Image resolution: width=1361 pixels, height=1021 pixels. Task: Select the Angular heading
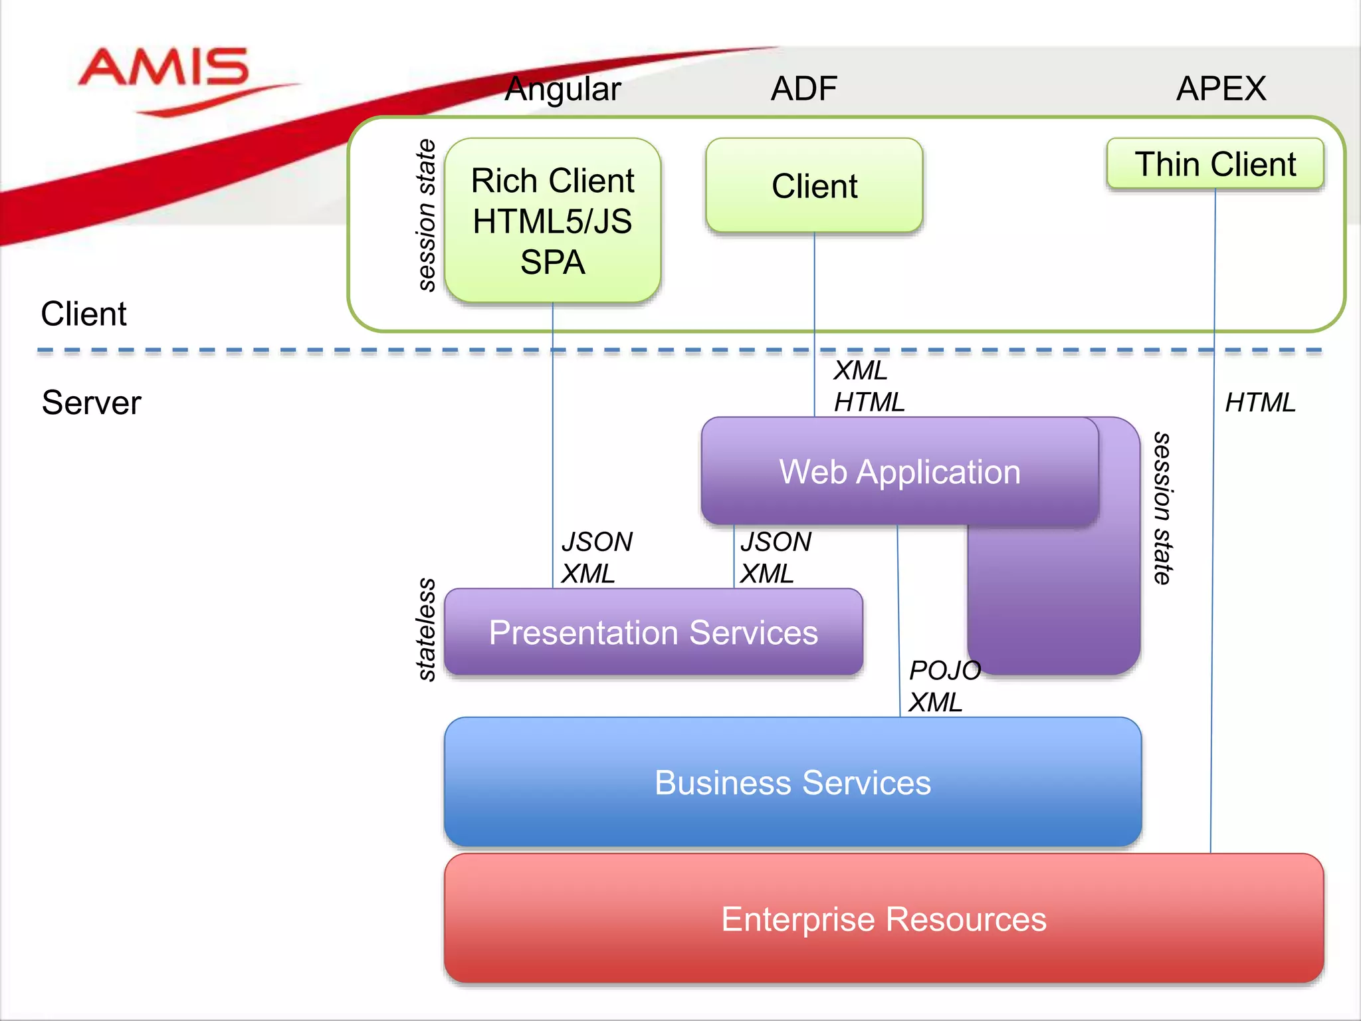[562, 89]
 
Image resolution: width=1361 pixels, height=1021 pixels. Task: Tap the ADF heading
[803, 88]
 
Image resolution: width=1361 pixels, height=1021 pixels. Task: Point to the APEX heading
[1221, 88]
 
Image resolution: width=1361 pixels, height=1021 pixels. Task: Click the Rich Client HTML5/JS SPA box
[552, 221]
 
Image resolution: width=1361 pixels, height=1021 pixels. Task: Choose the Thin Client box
[1215, 164]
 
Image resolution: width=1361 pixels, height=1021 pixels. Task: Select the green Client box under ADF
[814, 185]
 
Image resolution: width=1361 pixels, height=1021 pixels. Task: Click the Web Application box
[899, 472]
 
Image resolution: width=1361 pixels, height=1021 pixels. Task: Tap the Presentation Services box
[653, 632]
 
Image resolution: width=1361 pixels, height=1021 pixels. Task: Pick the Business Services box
[792, 782]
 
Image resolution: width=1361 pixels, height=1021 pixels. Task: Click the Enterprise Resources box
[883, 919]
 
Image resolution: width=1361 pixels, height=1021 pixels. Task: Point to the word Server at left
[92, 402]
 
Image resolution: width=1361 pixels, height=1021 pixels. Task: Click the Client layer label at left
[84, 314]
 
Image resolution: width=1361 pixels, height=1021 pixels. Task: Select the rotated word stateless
[426, 629]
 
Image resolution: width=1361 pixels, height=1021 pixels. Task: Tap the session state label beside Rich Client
[426, 215]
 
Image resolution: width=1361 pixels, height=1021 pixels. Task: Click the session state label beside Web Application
[1162, 509]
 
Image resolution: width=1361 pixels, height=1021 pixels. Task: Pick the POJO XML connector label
[944, 686]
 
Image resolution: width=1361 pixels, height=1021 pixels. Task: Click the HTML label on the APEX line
[1260, 402]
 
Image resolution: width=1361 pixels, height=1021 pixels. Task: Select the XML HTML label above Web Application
[869, 386]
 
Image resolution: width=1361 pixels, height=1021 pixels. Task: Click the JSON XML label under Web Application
[776, 558]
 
